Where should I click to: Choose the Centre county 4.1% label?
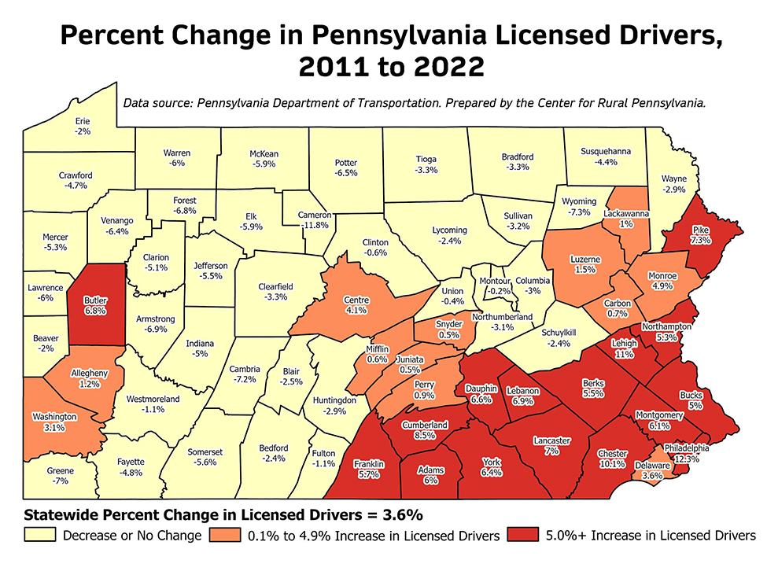357,304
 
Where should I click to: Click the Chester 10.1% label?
613,459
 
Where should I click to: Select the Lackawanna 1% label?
625,219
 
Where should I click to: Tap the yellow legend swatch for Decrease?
39,536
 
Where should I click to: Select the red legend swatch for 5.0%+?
524,536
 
